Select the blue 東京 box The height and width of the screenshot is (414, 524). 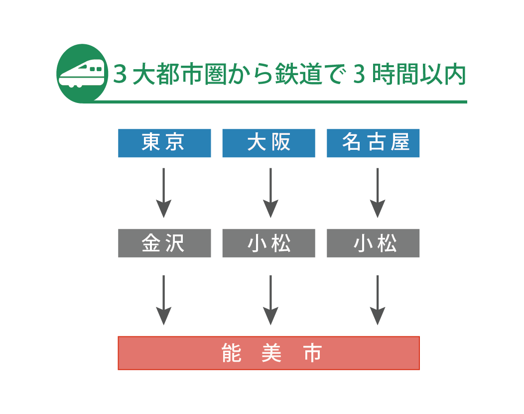(x=164, y=143)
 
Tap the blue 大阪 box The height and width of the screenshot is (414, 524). (x=268, y=143)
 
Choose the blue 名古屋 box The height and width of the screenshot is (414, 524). (x=373, y=143)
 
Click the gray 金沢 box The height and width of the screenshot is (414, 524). (x=164, y=243)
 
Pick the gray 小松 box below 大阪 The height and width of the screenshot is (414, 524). (x=268, y=243)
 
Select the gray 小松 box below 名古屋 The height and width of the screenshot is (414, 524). (x=373, y=243)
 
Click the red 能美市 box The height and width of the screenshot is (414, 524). (x=268, y=353)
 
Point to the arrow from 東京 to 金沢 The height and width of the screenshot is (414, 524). (x=163, y=193)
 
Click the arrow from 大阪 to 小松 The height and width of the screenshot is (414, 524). (x=270, y=193)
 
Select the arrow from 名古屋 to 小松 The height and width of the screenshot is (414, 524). (x=378, y=193)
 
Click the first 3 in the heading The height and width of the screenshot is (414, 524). (x=119, y=75)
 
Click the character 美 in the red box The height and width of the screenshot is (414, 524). (x=271, y=353)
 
